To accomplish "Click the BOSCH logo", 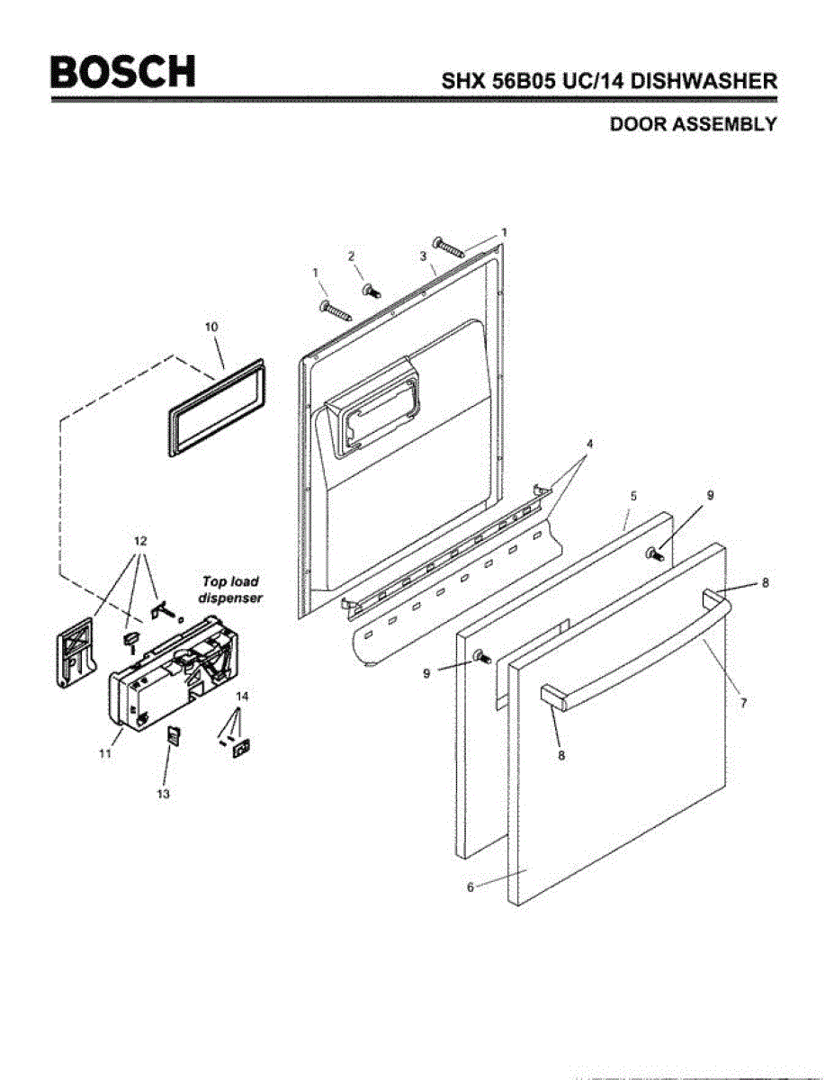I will (x=122, y=72).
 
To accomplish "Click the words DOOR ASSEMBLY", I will (x=693, y=125).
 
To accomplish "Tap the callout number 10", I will (x=212, y=328).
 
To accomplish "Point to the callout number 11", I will (x=105, y=754).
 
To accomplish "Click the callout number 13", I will (x=164, y=794).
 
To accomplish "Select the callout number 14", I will (x=242, y=697).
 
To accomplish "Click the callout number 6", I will (x=470, y=886).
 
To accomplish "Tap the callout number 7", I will (x=743, y=703).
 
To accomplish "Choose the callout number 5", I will (x=633, y=496).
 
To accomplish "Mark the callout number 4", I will (x=590, y=444).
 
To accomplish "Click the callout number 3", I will (x=422, y=256).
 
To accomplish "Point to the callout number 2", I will (x=352, y=256).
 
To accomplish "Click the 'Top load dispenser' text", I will (x=229, y=590).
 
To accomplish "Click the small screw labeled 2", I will (x=370, y=290).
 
